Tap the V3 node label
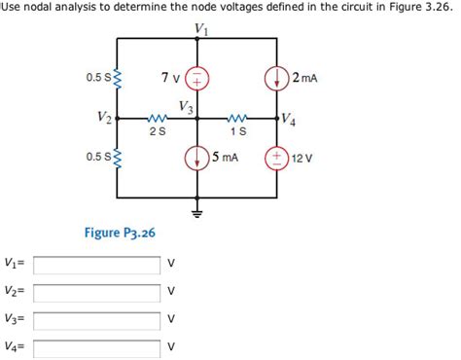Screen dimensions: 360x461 pyautogui.click(x=186, y=105)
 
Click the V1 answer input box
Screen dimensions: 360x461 pyautogui.click(x=96, y=264)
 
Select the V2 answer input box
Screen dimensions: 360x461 pyautogui.click(x=96, y=291)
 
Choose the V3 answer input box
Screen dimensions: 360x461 pyautogui.click(x=96, y=318)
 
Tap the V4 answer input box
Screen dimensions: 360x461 pyautogui.click(x=96, y=345)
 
